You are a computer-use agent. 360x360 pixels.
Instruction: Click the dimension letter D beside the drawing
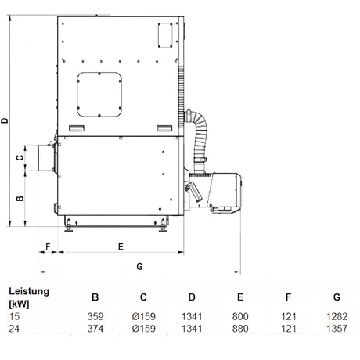(x=5, y=121)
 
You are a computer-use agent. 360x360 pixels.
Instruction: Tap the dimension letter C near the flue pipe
(x=20, y=157)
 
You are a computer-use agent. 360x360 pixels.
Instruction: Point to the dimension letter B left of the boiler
(x=20, y=198)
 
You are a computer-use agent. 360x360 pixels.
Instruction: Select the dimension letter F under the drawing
(x=48, y=247)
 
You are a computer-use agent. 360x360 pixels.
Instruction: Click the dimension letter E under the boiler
(x=121, y=247)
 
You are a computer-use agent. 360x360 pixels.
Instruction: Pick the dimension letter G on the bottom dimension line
(x=140, y=266)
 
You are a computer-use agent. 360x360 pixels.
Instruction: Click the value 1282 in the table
(x=337, y=316)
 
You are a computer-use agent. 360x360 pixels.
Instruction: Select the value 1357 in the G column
(x=337, y=328)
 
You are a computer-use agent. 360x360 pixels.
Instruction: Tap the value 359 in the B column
(x=95, y=316)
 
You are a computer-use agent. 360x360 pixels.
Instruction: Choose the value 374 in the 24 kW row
(x=95, y=328)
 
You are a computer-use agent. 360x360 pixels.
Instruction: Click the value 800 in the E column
(x=240, y=316)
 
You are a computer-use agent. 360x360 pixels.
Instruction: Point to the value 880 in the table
(x=240, y=328)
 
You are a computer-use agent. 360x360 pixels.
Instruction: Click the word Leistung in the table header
(x=29, y=291)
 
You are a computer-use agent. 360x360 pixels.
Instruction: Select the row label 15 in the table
(x=14, y=316)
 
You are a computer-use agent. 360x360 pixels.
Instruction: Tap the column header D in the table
(x=192, y=297)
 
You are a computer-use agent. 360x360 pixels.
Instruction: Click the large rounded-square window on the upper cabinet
(x=99, y=95)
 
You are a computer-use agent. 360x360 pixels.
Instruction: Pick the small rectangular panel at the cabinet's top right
(x=165, y=35)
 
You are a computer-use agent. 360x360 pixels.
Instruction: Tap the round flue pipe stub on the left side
(x=46, y=158)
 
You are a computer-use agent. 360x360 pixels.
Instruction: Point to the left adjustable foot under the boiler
(x=68, y=226)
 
